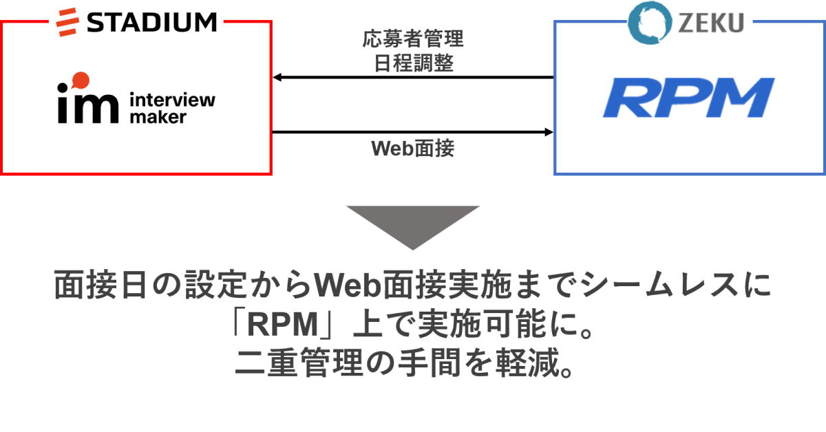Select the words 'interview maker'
(172, 108)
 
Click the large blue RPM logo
(688, 98)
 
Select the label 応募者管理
(413, 38)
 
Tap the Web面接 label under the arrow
(413, 148)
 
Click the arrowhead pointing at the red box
(277, 77)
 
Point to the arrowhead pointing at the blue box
(549, 131)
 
